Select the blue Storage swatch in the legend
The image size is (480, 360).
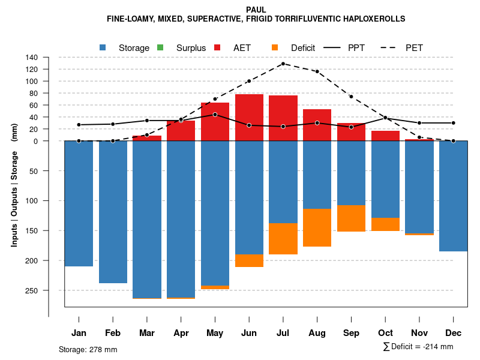103,47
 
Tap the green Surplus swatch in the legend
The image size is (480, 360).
160,47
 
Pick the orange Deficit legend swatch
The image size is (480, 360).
275,47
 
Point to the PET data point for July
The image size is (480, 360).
283,64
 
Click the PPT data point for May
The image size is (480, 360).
215,114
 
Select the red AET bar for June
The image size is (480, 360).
249,118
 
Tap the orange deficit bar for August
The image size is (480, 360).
317,227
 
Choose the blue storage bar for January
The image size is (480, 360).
79,203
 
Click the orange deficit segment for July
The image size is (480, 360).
283,238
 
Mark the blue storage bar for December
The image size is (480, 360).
453,196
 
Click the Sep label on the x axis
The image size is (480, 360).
351,333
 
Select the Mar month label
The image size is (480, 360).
147,333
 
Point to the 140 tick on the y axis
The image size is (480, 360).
32,58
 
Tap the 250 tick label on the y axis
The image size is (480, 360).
31,290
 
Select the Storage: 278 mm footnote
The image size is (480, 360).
88,349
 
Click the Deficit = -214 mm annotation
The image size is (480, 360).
418,346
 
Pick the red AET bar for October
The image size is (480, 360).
385,136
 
